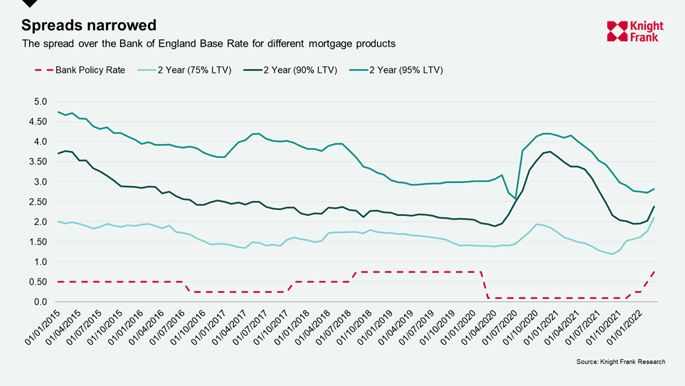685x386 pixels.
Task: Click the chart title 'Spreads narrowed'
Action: click(88, 25)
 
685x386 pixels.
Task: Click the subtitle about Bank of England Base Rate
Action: click(208, 44)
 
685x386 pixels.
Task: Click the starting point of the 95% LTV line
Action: click(58, 112)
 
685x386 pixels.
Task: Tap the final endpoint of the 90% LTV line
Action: click(654, 207)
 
